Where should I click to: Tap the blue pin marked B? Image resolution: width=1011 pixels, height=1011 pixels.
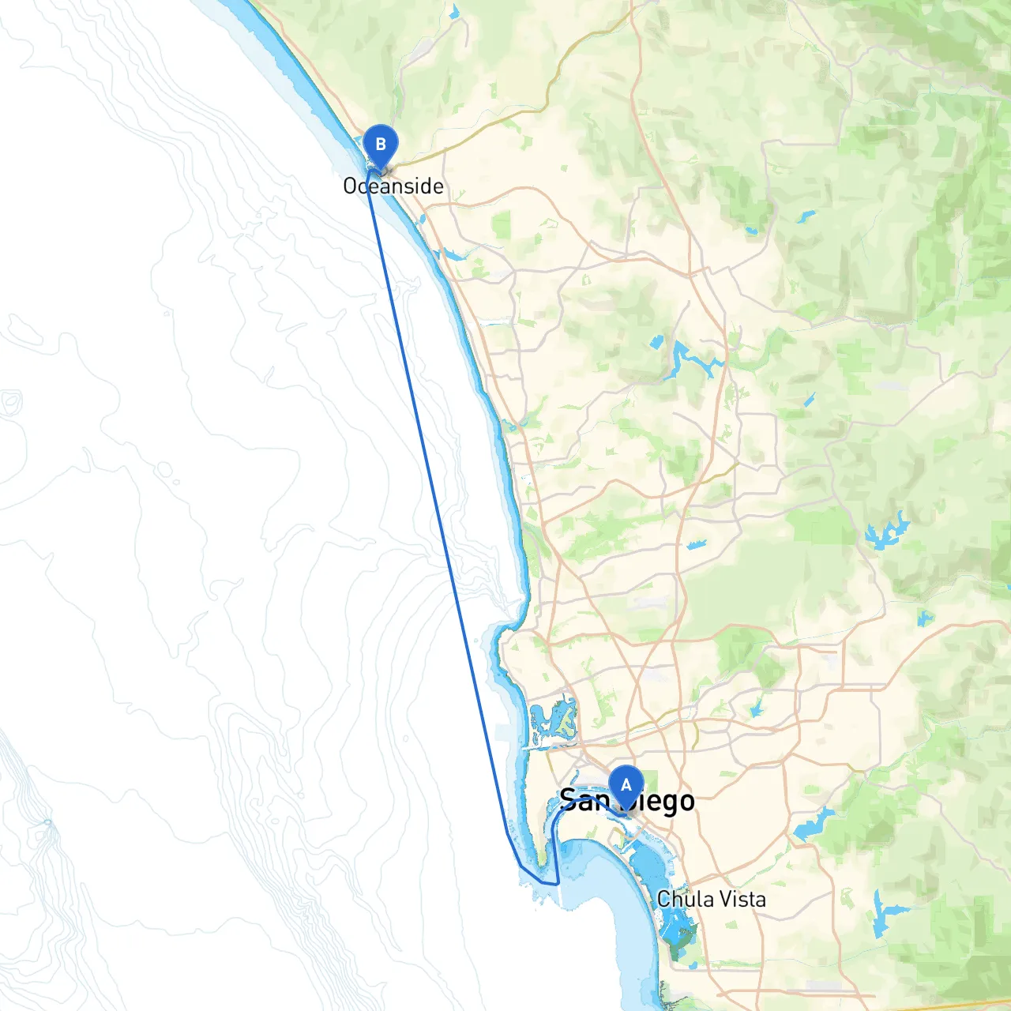(380, 146)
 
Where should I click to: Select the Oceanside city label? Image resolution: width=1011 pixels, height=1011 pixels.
(393, 186)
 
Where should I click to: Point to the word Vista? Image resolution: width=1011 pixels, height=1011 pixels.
(742, 899)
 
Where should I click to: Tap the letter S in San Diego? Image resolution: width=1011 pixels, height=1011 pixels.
(567, 801)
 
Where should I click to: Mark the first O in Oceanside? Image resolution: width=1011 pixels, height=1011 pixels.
(351, 186)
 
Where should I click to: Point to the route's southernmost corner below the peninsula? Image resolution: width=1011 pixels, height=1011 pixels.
(558, 883)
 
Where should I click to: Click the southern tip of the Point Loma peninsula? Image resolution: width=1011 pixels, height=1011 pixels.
(544, 863)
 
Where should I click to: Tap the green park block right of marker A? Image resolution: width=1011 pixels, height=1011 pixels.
(650, 781)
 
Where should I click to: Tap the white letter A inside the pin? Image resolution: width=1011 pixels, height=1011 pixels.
(626, 785)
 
